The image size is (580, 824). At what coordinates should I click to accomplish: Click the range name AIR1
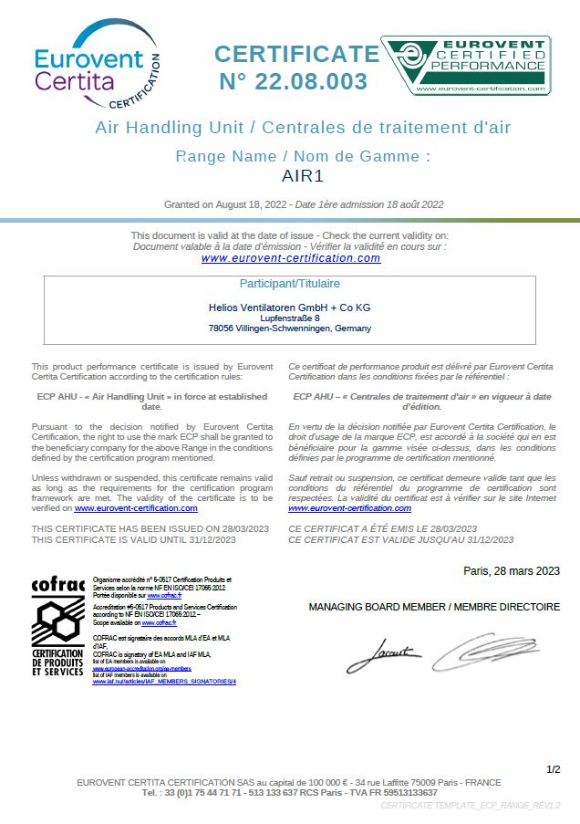[304, 175]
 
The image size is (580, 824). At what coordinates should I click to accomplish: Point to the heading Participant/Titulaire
[289, 284]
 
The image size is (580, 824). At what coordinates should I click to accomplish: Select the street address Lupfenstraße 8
[290, 318]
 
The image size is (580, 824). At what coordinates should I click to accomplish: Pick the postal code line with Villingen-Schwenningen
[290, 329]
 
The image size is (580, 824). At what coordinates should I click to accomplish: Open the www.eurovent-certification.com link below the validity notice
[291, 258]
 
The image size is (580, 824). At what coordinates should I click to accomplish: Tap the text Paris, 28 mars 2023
[512, 571]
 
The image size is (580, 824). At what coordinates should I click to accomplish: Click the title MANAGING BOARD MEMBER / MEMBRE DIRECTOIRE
[434, 607]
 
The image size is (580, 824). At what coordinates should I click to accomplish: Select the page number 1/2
[553, 770]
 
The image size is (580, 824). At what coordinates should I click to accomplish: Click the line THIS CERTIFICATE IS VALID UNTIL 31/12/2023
[134, 540]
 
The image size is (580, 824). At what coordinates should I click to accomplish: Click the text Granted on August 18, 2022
[225, 204]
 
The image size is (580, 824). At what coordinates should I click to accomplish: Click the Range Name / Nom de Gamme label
[303, 156]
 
